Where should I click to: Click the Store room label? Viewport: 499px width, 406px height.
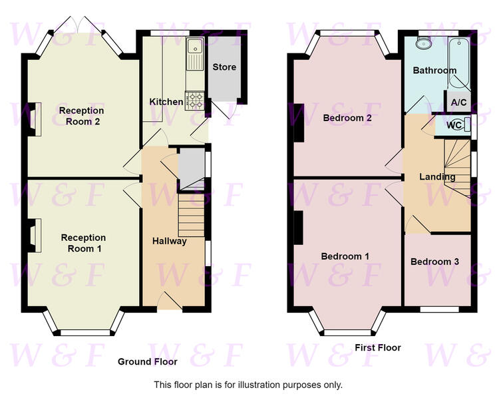(224, 67)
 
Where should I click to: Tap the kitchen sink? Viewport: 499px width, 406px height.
(195, 54)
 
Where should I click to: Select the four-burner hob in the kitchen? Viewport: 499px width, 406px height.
(194, 101)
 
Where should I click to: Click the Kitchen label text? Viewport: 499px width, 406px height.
(166, 102)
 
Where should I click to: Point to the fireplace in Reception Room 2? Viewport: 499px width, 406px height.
(35, 119)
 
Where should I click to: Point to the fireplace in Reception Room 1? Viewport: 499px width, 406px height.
(35, 236)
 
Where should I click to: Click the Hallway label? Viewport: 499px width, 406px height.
(169, 241)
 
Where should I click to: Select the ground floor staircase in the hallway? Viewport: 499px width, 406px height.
(191, 215)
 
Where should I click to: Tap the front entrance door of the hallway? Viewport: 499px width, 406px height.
(170, 301)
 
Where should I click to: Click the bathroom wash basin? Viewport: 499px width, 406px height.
(424, 43)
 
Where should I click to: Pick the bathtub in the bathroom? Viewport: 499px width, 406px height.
(458, 63)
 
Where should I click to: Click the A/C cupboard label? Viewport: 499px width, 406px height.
(458, 102)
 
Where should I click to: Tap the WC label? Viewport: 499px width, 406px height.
(454, 125)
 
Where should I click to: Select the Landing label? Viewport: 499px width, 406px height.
(437, 177)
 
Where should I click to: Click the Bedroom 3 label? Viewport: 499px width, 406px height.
(434, 262)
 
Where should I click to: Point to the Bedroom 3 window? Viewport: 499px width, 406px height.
(440, 309)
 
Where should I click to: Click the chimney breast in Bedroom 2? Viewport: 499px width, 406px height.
(299, 123)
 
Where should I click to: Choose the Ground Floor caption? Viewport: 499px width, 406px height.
(147, 361)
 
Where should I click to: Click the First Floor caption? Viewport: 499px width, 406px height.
(378, 347)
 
